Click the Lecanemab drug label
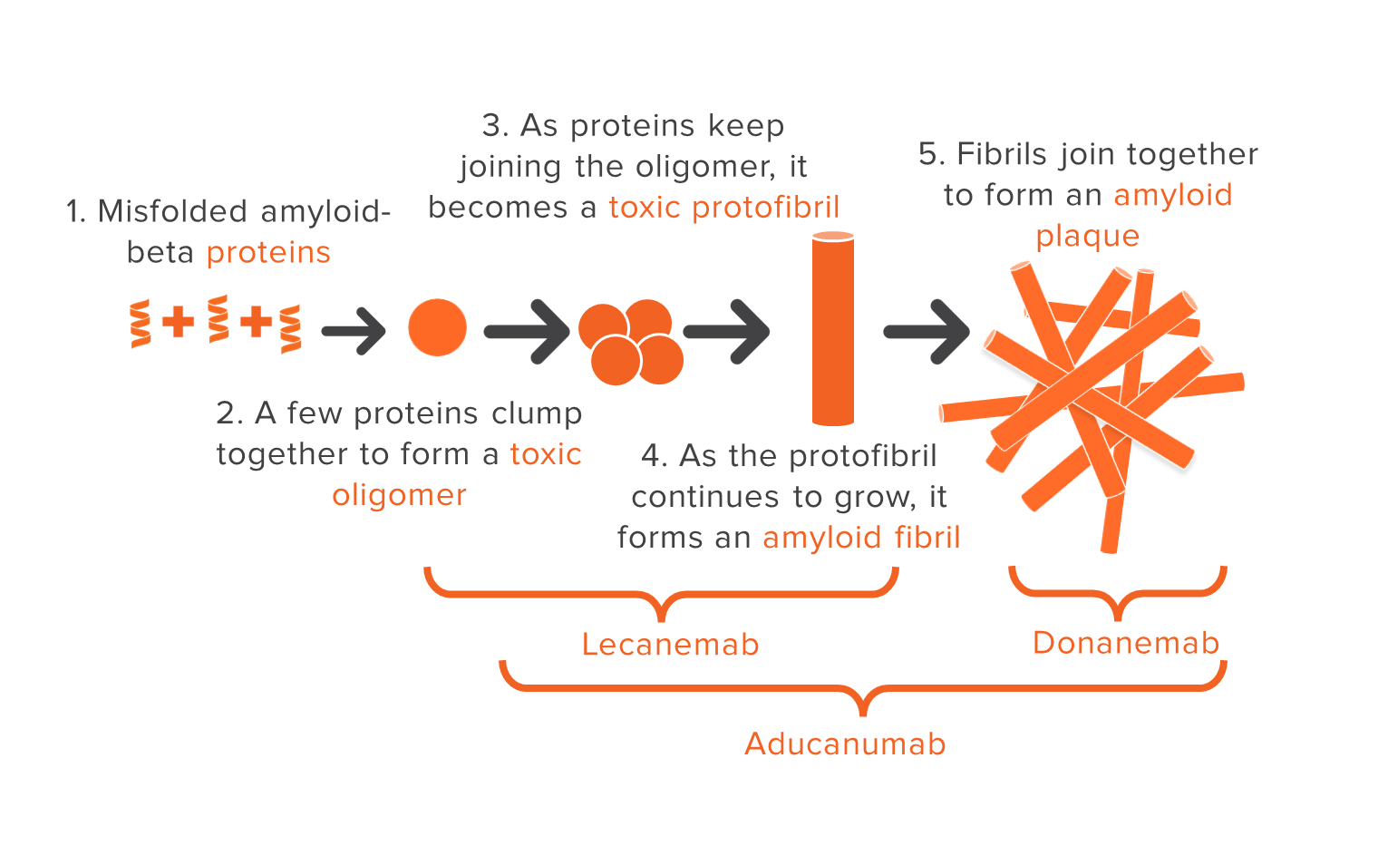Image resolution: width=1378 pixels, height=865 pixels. pos(670,645)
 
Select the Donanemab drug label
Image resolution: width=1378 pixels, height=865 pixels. pos(1126,643)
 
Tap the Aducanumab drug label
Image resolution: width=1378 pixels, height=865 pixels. pos(845,744)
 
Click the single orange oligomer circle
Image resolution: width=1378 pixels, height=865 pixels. pos(437,327)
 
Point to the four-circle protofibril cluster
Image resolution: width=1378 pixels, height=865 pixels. pos(631,341)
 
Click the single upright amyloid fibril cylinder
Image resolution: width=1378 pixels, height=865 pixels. pos(833,328)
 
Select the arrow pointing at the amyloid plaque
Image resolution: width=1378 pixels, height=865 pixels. pos(926,331)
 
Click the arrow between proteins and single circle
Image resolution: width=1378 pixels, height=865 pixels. pos(354,331)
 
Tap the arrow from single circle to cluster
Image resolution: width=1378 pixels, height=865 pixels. pos(526,331)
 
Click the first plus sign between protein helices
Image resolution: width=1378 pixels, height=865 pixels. pos(178,321)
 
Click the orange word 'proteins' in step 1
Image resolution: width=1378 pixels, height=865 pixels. pos(268,252)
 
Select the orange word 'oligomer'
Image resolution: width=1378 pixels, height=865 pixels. pos(399,495)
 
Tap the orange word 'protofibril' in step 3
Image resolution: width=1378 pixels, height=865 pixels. pos(765,208)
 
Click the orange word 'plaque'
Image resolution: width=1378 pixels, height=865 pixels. pos(1087,236)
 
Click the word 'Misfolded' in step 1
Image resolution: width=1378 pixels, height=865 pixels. pos(173,211)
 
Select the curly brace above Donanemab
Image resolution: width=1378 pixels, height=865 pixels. pos(1118,593)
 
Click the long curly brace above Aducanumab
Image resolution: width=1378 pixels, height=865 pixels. pos(863,689)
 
